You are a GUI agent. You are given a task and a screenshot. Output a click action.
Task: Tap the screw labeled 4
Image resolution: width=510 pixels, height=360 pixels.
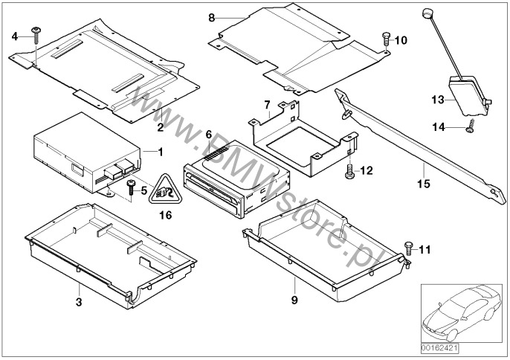[x=36, y=32]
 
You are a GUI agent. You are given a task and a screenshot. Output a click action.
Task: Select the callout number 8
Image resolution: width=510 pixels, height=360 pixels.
[x=211, y=16]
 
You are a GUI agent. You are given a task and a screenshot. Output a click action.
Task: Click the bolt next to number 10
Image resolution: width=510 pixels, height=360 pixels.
[x=385, y=38]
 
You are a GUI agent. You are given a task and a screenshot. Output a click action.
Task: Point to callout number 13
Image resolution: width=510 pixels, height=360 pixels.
[x=438, y=99]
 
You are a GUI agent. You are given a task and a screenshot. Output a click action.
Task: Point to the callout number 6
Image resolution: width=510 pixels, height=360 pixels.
[x=209, y=134]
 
